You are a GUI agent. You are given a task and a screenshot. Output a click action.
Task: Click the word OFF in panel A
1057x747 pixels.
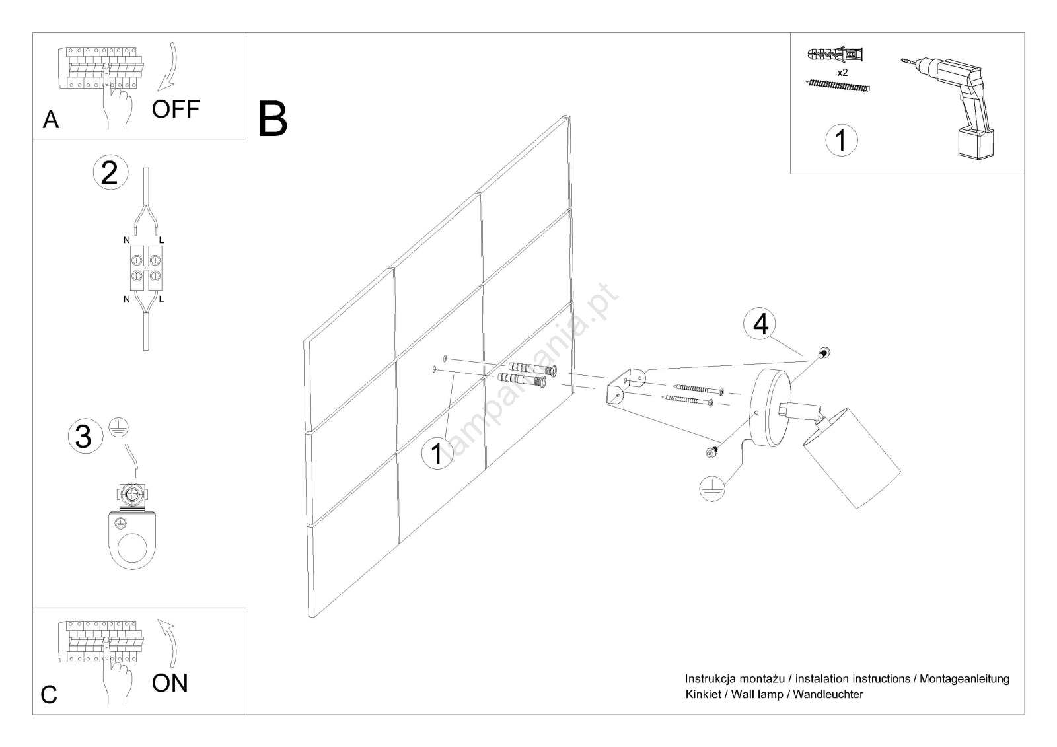[x=175, y=109]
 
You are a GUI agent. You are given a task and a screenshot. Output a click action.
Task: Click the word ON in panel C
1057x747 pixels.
[x=170, y=683]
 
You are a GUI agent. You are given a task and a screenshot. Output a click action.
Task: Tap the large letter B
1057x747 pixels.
[x=273, y=119]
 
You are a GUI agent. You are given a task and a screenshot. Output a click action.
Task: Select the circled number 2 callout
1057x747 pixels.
[x=110, y=172]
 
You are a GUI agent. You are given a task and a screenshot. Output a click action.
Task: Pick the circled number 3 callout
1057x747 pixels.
[x=85, y=437]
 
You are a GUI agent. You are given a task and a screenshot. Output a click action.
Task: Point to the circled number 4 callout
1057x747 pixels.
[x=760, y=324]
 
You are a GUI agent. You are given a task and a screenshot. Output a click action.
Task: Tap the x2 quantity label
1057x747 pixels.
[x=842, y=73]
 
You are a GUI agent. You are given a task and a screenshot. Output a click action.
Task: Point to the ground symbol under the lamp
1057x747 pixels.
[x=711, y=488]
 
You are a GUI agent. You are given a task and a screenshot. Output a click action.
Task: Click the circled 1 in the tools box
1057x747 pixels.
[x=841, y=140]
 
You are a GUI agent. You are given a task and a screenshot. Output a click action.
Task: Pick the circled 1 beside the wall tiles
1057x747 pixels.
[x=437, y=454]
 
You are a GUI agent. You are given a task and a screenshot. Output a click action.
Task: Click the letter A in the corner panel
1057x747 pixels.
[x=50, y=120]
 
